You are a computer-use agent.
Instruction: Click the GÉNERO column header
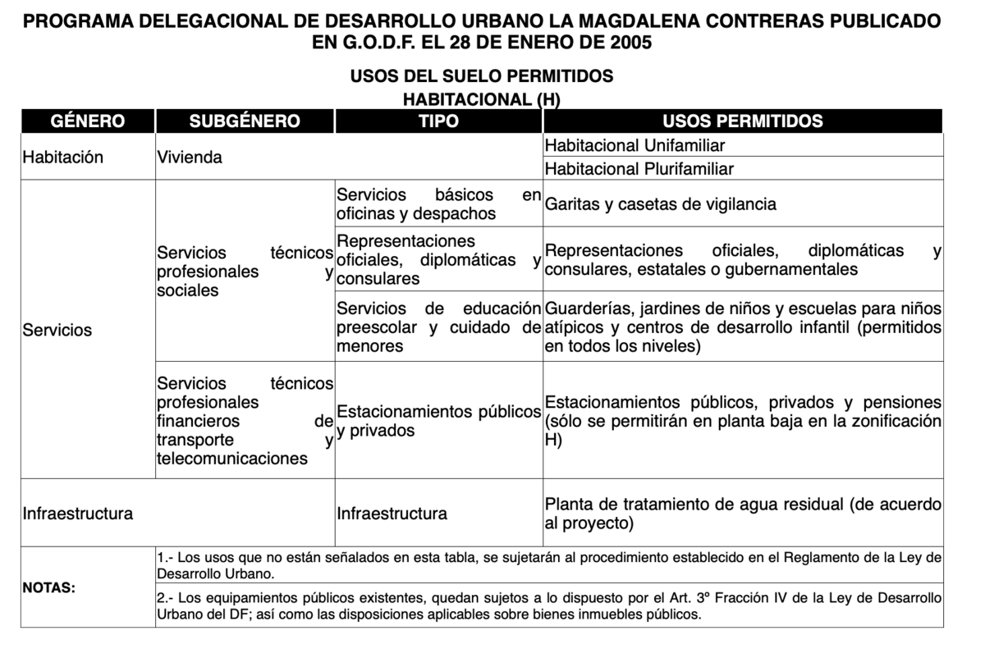[88, 121]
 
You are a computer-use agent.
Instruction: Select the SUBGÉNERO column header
[245, 121]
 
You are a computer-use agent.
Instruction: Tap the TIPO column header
[438, 121]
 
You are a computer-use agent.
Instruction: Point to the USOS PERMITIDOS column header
[742, 121]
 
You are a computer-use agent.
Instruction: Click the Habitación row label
[63, 158]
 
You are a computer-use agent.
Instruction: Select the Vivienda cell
[190, 158]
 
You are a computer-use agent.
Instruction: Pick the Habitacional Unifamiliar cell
[635, 146]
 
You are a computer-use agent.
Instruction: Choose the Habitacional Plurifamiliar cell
[639, 169]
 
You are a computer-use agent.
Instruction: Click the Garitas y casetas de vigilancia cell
[660, 204]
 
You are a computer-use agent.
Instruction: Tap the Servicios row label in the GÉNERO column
[57, 331]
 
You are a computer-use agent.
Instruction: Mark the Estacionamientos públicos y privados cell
[438, 421]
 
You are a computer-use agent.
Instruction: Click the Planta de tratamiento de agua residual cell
[742, 514]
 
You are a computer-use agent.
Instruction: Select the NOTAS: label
[49, 588]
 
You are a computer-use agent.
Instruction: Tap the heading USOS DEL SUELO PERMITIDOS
[482, 76]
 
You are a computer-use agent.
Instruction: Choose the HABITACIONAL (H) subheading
[482, 99]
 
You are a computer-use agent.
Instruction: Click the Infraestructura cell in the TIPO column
[392, 514]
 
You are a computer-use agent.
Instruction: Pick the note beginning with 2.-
[548, 605]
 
